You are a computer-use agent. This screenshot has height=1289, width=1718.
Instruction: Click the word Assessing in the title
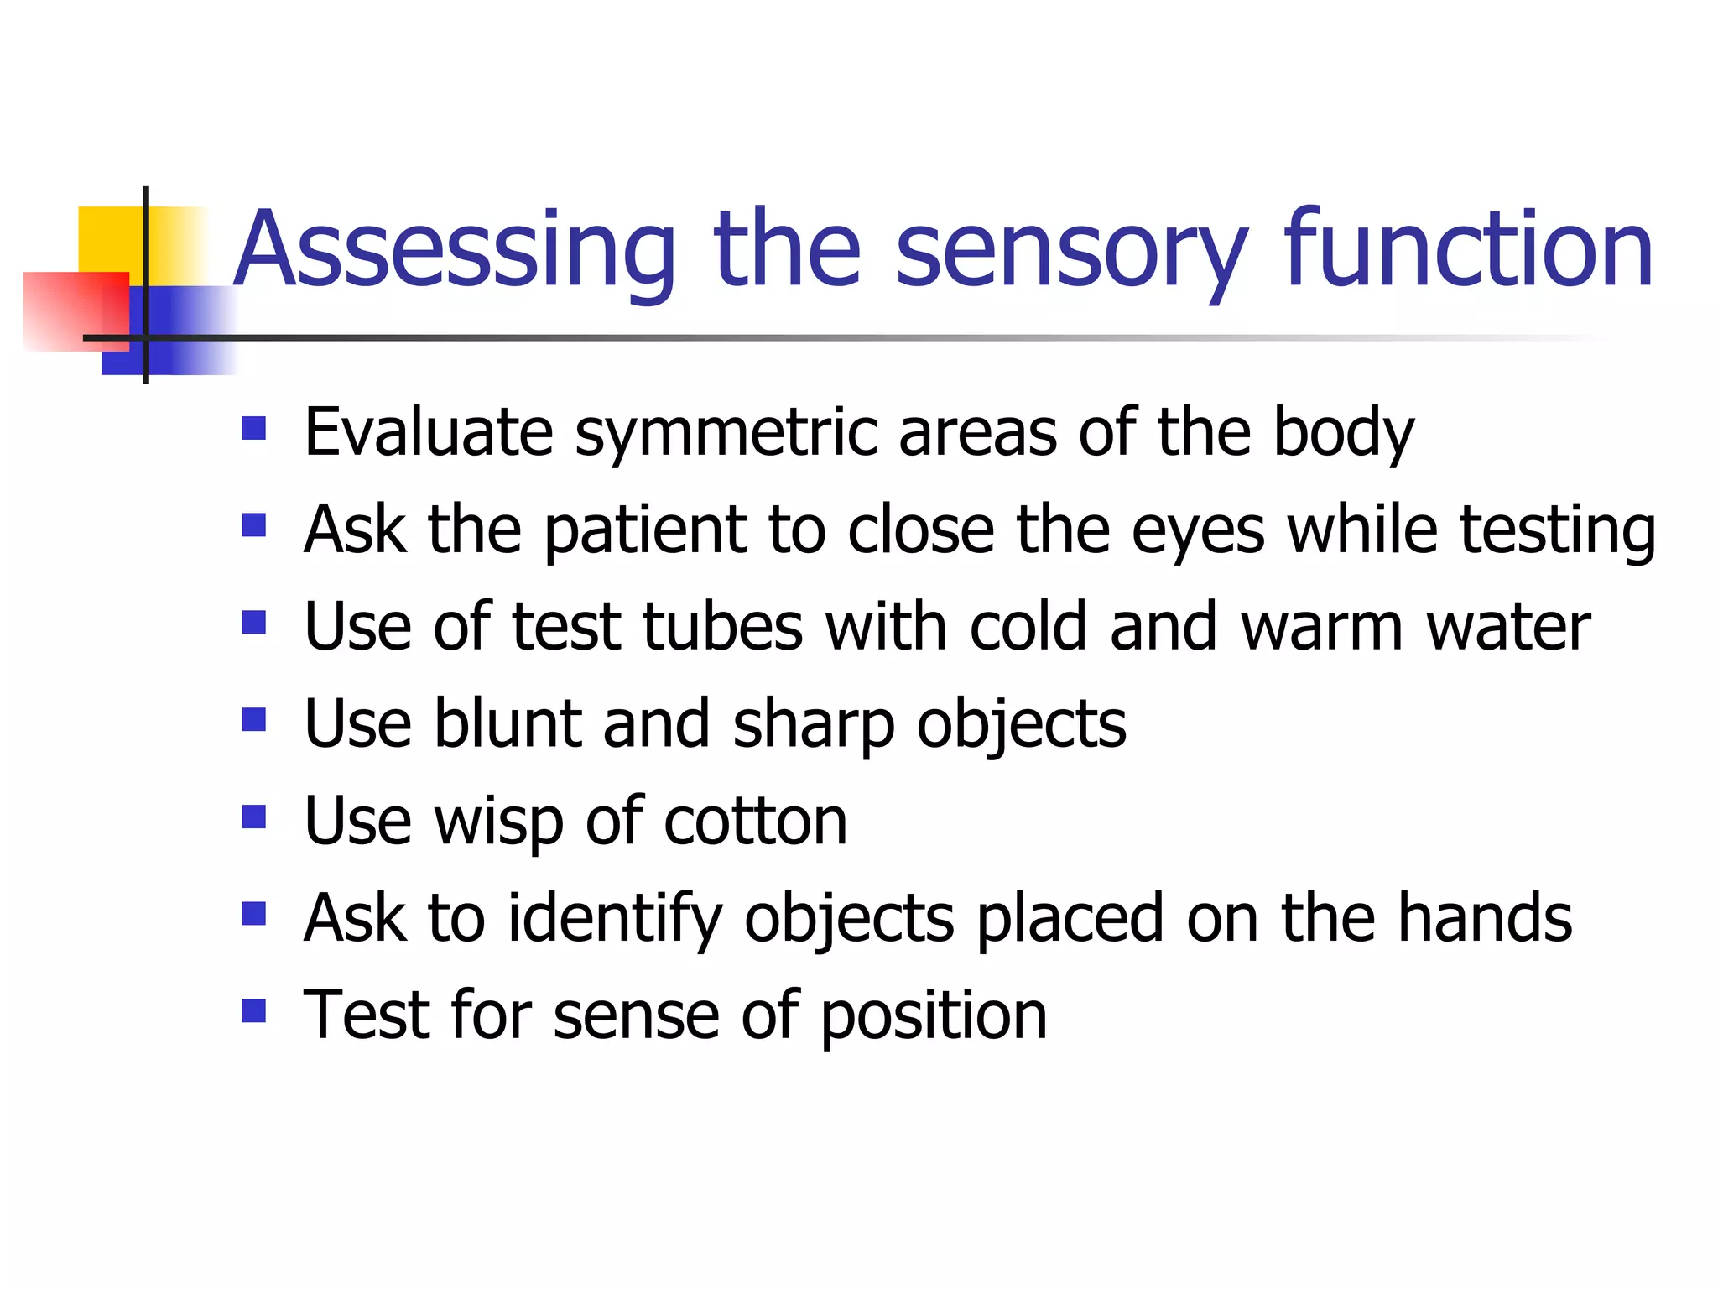(x=454, y=251)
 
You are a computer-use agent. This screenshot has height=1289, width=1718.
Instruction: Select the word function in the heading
(x=1468, y=249)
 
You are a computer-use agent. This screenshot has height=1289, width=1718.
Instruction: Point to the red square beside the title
(x=75, y=311)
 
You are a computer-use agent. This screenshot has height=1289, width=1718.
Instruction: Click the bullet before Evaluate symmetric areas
(x=253, y=429)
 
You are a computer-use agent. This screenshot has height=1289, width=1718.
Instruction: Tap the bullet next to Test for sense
(x=253, y=1010)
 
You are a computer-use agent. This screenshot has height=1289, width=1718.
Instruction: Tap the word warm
(x=1321, y=627)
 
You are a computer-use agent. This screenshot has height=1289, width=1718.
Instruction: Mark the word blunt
(x=508, y=723)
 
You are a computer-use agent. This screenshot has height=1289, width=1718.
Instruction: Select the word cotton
(x=756, y=821)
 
